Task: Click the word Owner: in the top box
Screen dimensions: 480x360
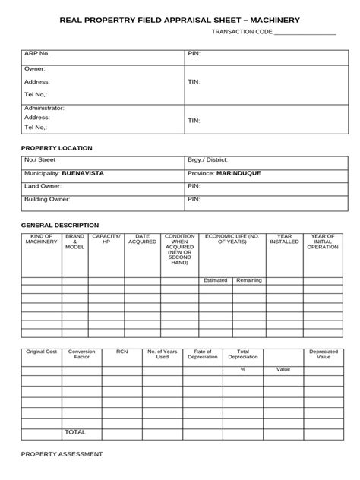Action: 35,69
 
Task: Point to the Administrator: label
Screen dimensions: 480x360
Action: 44,108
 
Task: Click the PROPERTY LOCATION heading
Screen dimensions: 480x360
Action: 56,147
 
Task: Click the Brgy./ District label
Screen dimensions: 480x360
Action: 207,161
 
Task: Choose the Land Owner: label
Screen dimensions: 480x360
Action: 43,186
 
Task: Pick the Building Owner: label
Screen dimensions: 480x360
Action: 47,199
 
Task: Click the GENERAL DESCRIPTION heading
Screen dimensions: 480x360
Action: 59,225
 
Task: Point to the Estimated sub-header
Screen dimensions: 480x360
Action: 215,280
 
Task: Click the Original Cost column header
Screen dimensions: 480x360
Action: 41,352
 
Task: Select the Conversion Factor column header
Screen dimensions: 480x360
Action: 81,355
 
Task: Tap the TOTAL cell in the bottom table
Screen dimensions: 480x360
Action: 75,431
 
